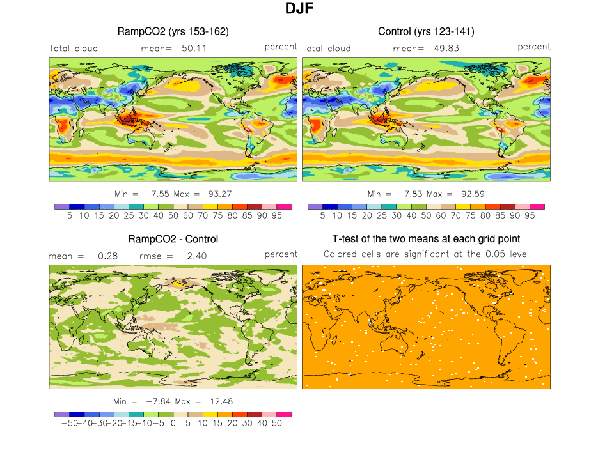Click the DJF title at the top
[299, 10]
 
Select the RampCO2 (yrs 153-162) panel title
[173, 31]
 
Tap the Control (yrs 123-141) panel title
[426, 31]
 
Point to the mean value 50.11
[193, 48]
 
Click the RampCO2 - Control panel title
[173, 239]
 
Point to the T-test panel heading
[426, 239]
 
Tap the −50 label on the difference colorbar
[66, 424]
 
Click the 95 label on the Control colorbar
[528, 216]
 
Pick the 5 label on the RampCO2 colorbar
[70, 216]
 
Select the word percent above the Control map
[534, 47]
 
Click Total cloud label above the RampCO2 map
[74, 48]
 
